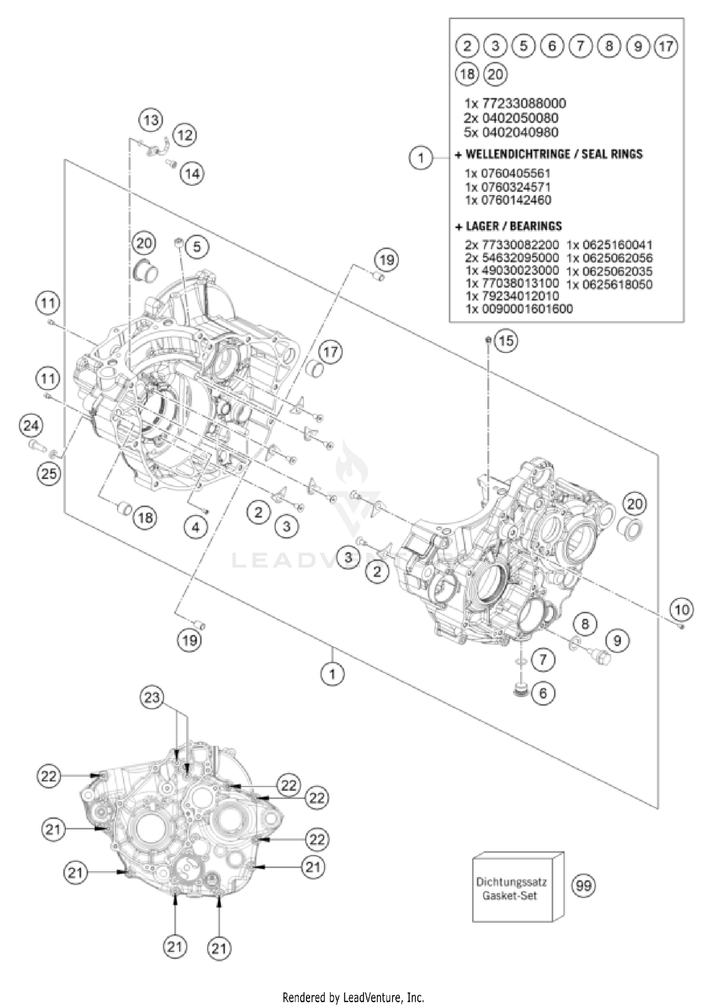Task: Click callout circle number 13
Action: pyautogui.click(x=151, y=120)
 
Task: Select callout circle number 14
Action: pyautogui.click(x=192, y=174)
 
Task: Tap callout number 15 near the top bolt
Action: pyautogui.click(x=506, y=341)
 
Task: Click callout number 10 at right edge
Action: pyautogui.click(x=682, y=610)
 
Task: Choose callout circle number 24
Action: pyautogui.click(x=31, y=426)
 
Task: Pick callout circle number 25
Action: pyautogui.click(x=49, y=473)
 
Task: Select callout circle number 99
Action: pyautogui.click(x=584, y=885)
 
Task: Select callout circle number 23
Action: pyautogui.click(x=152, y=697)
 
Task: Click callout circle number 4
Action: pyautogui.click(x=196, y=528)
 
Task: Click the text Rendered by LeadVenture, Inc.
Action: pyautogui.click(x=353, y=997)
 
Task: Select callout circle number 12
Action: pyautogui.click(x=185, y=136)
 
